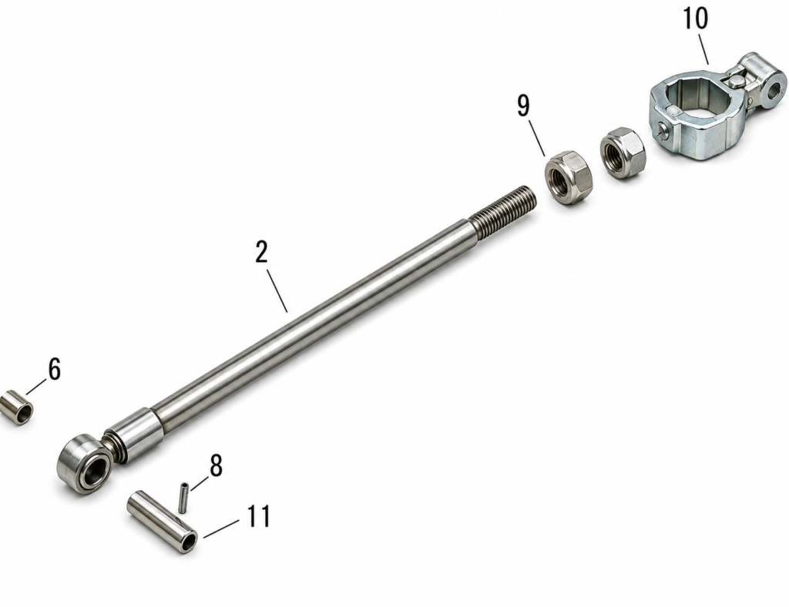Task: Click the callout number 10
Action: pos(695,18)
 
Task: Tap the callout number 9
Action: pos(524,106)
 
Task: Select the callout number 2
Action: pos(261,252)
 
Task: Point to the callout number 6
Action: pos(55,369)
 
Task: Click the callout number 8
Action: pos(216,465)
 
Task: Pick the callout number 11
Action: pos(259,516)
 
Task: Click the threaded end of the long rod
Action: pos(504,211)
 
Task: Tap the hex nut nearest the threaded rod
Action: pos(569,177)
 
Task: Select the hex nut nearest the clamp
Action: pos(623,153)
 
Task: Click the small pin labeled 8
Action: pos(183,498)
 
